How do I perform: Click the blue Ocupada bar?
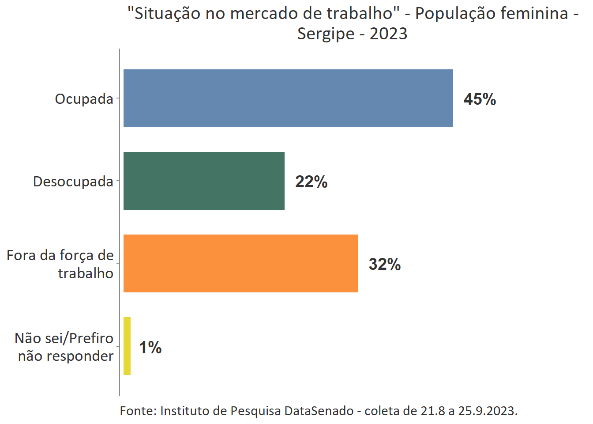point(288,98)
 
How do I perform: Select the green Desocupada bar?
point(204,181)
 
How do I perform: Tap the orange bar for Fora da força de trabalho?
point(240,263)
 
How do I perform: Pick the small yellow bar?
point(127,346)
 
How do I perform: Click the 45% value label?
point(480,99)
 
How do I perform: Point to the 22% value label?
point(311,182)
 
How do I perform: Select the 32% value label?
point(385,264)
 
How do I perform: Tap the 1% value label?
point(150,347)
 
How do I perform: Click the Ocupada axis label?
point(84,99)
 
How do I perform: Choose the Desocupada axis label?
point(73,182)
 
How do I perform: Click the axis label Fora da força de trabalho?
point(60,264)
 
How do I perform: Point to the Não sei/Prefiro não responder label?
point(64,347)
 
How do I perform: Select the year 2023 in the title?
point(388,34)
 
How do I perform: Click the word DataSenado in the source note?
point(319,411)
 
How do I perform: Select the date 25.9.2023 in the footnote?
point(487,411)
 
